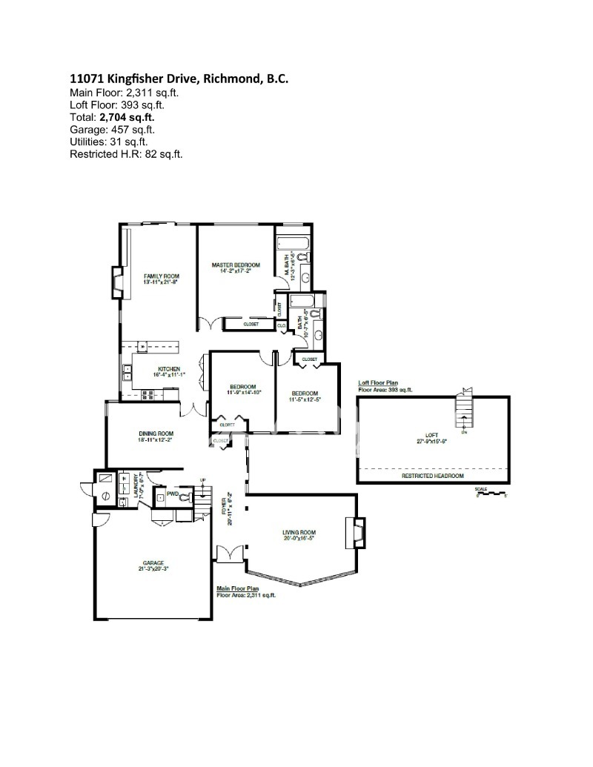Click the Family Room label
[162, 276]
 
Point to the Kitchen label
[168, 369]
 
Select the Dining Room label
[156, 434]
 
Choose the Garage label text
[155, 563]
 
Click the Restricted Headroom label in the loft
[432, 476]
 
